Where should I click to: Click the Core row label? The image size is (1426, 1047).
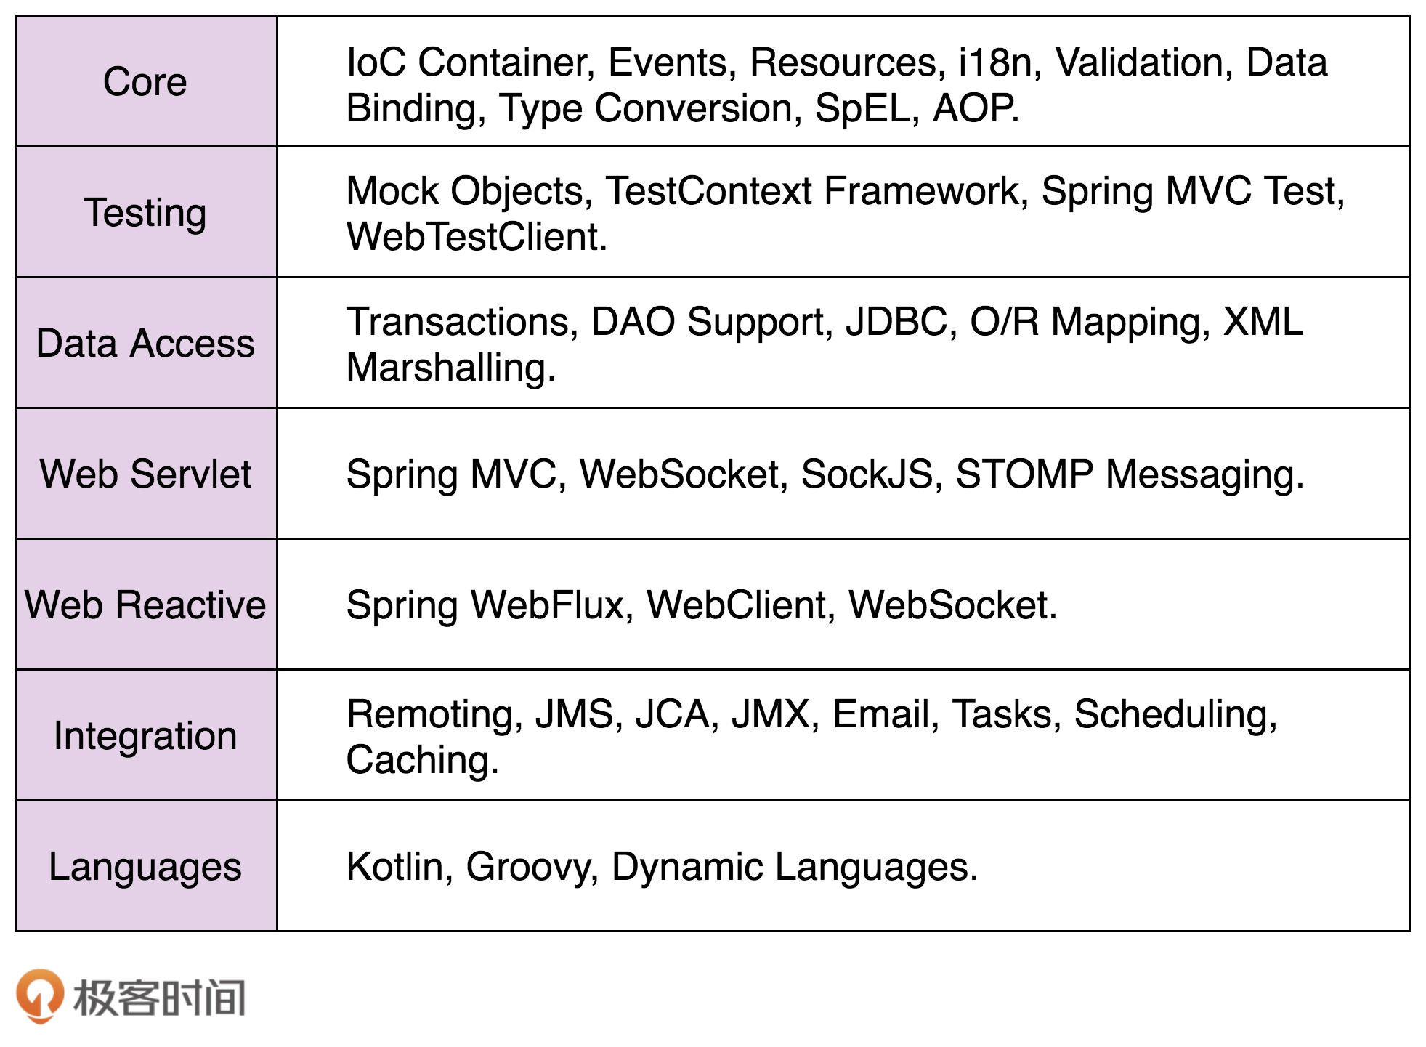click(x=145, y=81)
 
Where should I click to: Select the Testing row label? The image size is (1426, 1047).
click(x=145, y=212)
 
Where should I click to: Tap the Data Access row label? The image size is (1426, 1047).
click(x=145, y=343)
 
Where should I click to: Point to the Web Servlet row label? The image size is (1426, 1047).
click(x=145, y=474)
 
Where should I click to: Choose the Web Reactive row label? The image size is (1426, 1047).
click(x=145, y=605)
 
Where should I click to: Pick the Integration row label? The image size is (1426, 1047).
click(x=145, y=735)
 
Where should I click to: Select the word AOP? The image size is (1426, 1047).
click(x=973, y=108)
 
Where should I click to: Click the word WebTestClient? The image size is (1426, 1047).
click(x=477, y=237)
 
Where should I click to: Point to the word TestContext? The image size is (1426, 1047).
click(x=708, y=191)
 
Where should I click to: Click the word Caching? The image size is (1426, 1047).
click(x=422, y=760)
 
